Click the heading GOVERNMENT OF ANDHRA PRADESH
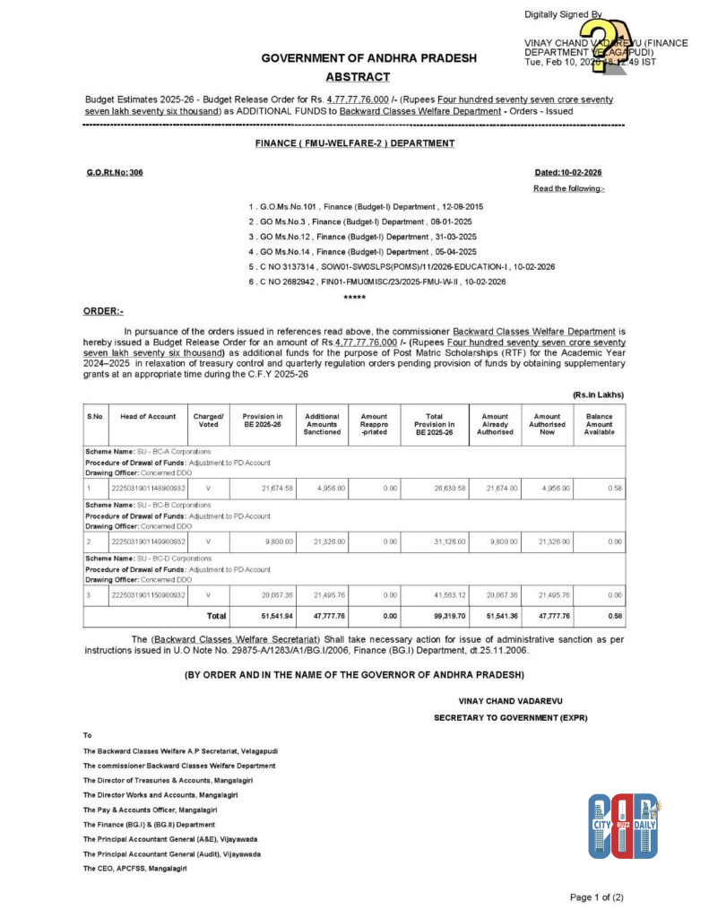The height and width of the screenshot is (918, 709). [x=368, y=58]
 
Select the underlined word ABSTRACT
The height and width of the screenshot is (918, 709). [x=358, y=77]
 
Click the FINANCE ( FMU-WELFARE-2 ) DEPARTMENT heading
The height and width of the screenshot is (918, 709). [x=354, y=143]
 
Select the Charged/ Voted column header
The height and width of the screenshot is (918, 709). [x=209, y=422]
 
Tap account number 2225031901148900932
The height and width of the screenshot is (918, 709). [x=148, y=489]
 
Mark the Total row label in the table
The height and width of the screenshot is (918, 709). [x=216, y=617]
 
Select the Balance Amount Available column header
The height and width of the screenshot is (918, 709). [x=599, y=423]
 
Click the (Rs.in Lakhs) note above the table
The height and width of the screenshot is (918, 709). [x=598, y=394]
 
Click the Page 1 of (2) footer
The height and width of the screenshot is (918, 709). [x=596, y=896]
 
